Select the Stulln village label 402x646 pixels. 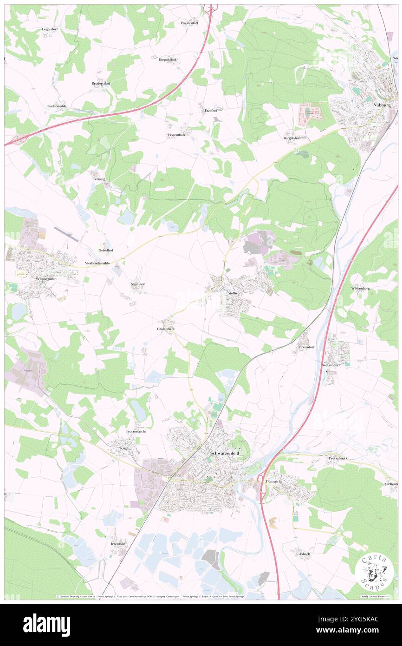(x=233, y=293)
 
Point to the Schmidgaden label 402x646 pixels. (x=45, y=279)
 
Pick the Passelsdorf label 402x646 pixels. (x=190, y=23)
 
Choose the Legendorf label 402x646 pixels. (x=52, y=29)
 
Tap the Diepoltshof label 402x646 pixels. (x=168, y=59)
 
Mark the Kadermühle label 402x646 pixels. (x=57, y=106)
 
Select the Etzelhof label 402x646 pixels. (x=211, y=111)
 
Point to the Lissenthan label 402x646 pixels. (x=176, y=135)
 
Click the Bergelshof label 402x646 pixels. (x=292, y=138)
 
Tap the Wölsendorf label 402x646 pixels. (x=331, y=365)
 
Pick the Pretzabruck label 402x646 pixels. (x=338, y=458)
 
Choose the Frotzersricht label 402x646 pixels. (x=136, y=432)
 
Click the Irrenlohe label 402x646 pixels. (x=118, y=543)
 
